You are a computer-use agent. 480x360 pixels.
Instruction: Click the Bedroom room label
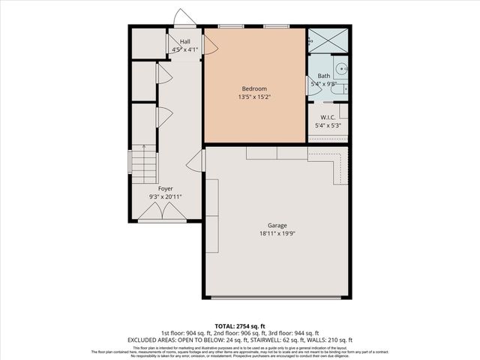(254, 89)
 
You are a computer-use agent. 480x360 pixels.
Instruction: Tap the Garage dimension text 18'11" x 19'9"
(277, 233)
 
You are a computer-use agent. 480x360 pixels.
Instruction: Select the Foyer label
(165, 188)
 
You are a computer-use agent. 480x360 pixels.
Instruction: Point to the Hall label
(184, 42)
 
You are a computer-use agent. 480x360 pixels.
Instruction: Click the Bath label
(324, 76)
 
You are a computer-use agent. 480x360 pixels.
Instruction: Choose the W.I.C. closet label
(327, 117)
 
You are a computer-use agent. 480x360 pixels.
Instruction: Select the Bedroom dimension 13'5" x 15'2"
(254, 97)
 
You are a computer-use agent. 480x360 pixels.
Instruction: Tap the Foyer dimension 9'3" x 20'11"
(165, 196)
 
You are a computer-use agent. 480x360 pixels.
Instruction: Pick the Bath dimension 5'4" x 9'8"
(324, 84)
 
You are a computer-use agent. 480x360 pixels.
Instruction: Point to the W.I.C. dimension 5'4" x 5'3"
(327, 125)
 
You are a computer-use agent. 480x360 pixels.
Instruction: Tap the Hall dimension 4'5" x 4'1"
(184, 49)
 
